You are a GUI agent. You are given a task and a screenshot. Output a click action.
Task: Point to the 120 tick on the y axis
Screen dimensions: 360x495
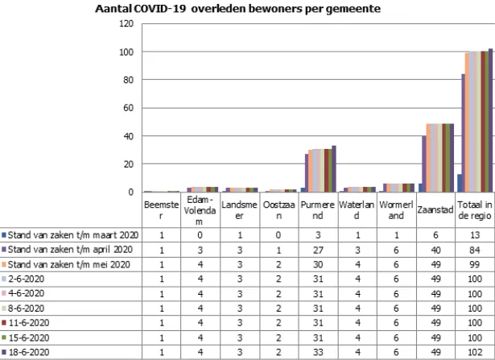(x=126, y=23)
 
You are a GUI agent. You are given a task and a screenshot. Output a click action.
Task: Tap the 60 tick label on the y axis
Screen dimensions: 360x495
(x=129, y=108)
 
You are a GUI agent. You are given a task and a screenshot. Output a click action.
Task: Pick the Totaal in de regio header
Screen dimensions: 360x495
(x=474, y=210)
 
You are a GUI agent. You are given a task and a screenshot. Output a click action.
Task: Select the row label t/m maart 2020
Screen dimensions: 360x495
(x=72, y=234)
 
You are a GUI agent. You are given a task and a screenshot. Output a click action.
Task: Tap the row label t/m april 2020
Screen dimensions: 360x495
(x=72, y=249)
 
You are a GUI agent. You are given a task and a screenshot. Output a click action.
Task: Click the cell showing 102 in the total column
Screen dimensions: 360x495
(x=474, y=353)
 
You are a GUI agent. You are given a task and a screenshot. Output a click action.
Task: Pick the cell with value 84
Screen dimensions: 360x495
(x=474, y=249)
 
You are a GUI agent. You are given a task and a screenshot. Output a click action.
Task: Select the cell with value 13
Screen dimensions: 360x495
(x=474, y=234)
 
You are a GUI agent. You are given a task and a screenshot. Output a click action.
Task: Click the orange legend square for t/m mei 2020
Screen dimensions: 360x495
(x=5, y=264)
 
